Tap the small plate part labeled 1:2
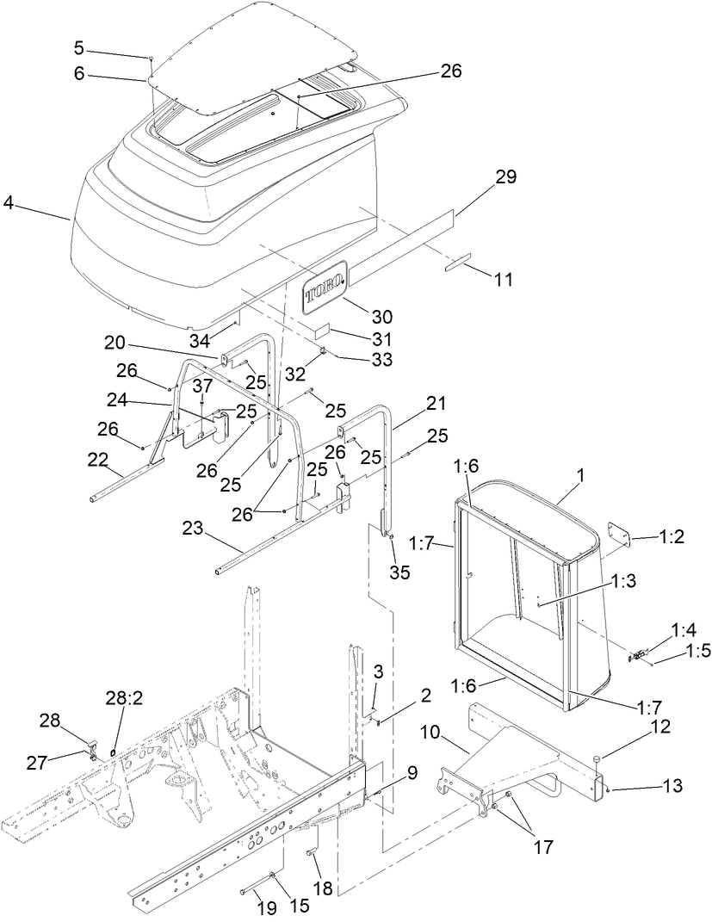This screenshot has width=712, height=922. coord(619,533)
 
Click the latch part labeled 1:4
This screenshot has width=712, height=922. coord(639,656)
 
